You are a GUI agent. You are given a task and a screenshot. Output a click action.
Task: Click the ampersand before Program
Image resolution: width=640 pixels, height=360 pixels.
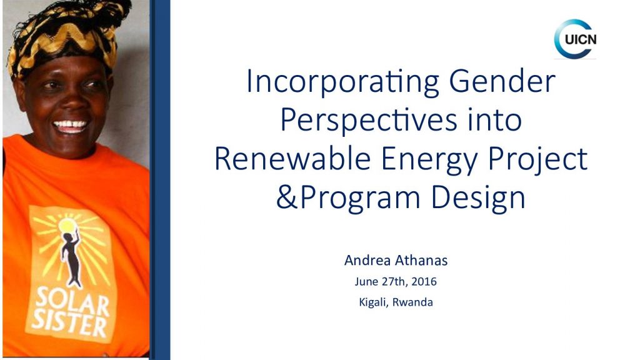point(287,197)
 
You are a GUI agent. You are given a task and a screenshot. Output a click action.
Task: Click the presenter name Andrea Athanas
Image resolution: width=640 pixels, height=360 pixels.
point(396,260)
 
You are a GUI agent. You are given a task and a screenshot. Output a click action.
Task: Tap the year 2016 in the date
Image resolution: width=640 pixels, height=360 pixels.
point(424,281)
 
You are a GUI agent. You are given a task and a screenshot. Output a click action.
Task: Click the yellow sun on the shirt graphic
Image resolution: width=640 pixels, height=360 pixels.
point(67,225)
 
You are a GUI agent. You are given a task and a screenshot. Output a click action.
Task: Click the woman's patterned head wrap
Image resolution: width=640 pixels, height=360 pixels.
point(65,35)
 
